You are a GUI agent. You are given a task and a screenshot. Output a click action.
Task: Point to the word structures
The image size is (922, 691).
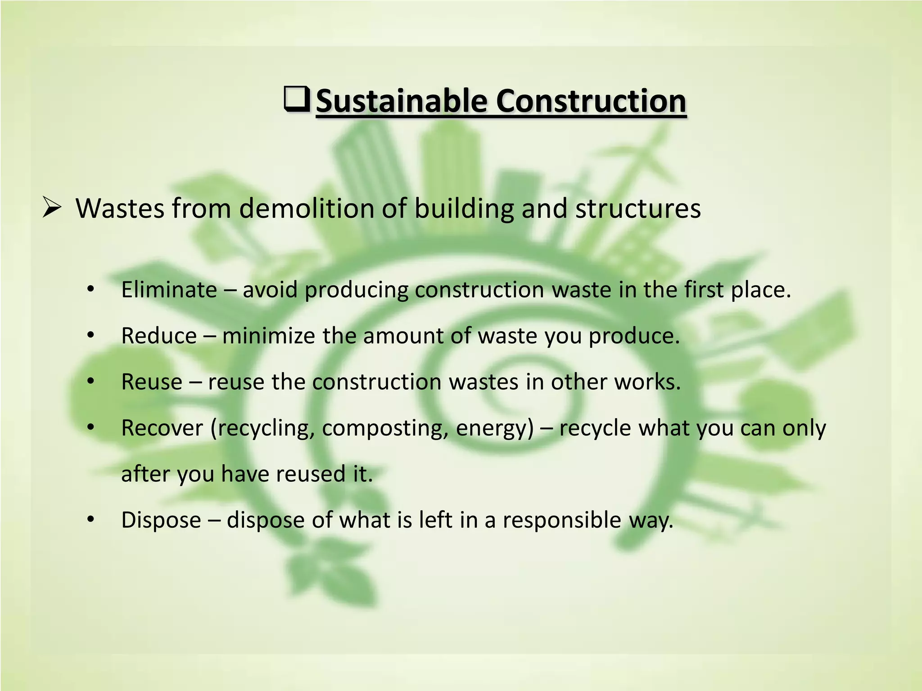tap(638, 209)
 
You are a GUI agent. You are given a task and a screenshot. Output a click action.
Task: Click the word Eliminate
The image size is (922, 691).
tap(169, 290)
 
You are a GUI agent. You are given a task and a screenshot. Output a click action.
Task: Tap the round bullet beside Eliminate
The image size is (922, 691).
tap(90, 290)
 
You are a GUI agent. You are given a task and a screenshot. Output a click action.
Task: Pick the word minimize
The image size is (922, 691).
tap(268, 336)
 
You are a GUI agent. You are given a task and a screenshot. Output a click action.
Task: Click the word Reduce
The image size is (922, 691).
tap(159, 336)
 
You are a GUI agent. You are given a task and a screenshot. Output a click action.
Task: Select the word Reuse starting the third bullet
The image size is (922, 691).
tap(152, 382)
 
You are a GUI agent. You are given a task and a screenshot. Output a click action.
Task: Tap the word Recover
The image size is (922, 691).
tap(162, 428)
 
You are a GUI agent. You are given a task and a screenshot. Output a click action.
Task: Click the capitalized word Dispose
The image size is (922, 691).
tap(161, 520)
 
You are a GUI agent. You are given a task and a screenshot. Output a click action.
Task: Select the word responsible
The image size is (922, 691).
tap(562, 520)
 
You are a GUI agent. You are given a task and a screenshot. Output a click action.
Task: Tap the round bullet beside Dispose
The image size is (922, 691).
tap(90, 520)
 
